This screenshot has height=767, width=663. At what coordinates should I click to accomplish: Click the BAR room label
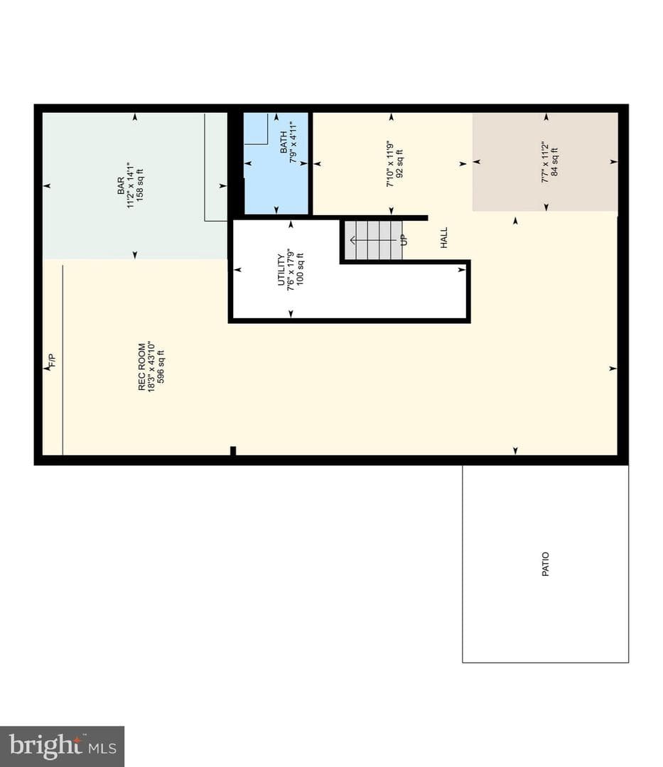(120, 186)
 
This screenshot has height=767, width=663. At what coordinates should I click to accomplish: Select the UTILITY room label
(281, 269)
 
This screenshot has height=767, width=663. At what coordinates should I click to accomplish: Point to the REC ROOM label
(142, 366)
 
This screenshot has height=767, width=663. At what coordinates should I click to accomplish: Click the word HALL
(444, 238)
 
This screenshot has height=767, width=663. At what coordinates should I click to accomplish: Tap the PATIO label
(546, 564)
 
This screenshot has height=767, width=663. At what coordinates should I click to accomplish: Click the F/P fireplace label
(53, 360)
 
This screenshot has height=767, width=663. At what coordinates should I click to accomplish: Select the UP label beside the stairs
(404, 240)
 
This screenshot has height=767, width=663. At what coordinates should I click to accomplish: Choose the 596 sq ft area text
(161, 366)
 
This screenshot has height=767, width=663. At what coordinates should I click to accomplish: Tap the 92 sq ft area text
(400, 164)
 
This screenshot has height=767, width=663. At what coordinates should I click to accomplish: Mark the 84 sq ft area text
(554, 162)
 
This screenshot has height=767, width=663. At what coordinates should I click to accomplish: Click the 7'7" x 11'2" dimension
(545, 162)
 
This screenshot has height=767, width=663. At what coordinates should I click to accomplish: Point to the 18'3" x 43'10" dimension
(151, 366)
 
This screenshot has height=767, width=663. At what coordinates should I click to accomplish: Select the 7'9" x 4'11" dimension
(293, 142)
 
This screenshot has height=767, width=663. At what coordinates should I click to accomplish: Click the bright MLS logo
(62, 746)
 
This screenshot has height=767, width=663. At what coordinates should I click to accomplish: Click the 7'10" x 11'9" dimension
(390, 164)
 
